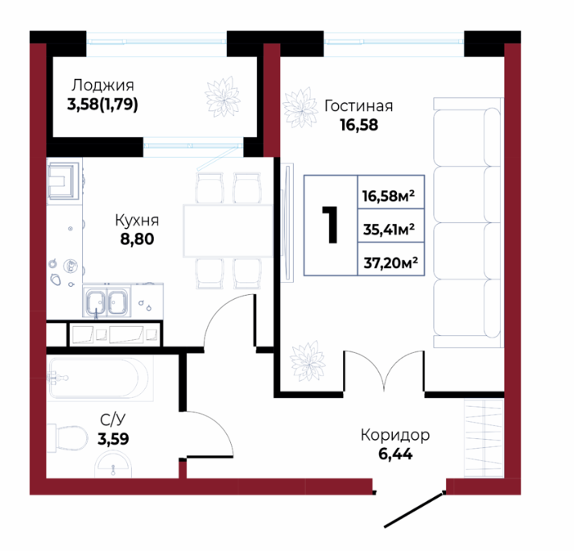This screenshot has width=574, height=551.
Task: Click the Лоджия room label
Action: click(x=102, y=85)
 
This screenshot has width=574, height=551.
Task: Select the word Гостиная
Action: click(x=359, y=106)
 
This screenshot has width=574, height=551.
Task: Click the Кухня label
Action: click(x=137, y=220)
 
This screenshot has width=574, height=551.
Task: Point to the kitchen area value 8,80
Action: click(x=137, y=239)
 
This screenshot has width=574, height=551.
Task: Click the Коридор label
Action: click(x=395, y=435)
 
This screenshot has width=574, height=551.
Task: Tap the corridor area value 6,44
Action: click(x=395, y=454)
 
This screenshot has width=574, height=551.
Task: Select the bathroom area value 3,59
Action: click(x=114, y=439)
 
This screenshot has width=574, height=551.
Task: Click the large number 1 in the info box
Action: click(x=331, y=225)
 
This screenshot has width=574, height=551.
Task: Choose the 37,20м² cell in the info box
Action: click(x=391, y=259)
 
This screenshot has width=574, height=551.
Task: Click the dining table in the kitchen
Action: click(x=229, y=231)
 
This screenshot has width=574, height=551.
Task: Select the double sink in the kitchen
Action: click(x=107, y=302)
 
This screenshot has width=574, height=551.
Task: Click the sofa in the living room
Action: click(x=469, y=223)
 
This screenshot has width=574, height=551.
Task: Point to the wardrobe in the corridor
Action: click(x=484, y=438)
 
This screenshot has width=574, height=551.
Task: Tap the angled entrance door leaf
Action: click(x=414, y=511)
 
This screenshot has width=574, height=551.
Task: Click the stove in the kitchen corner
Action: click(x=64, y=180)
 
